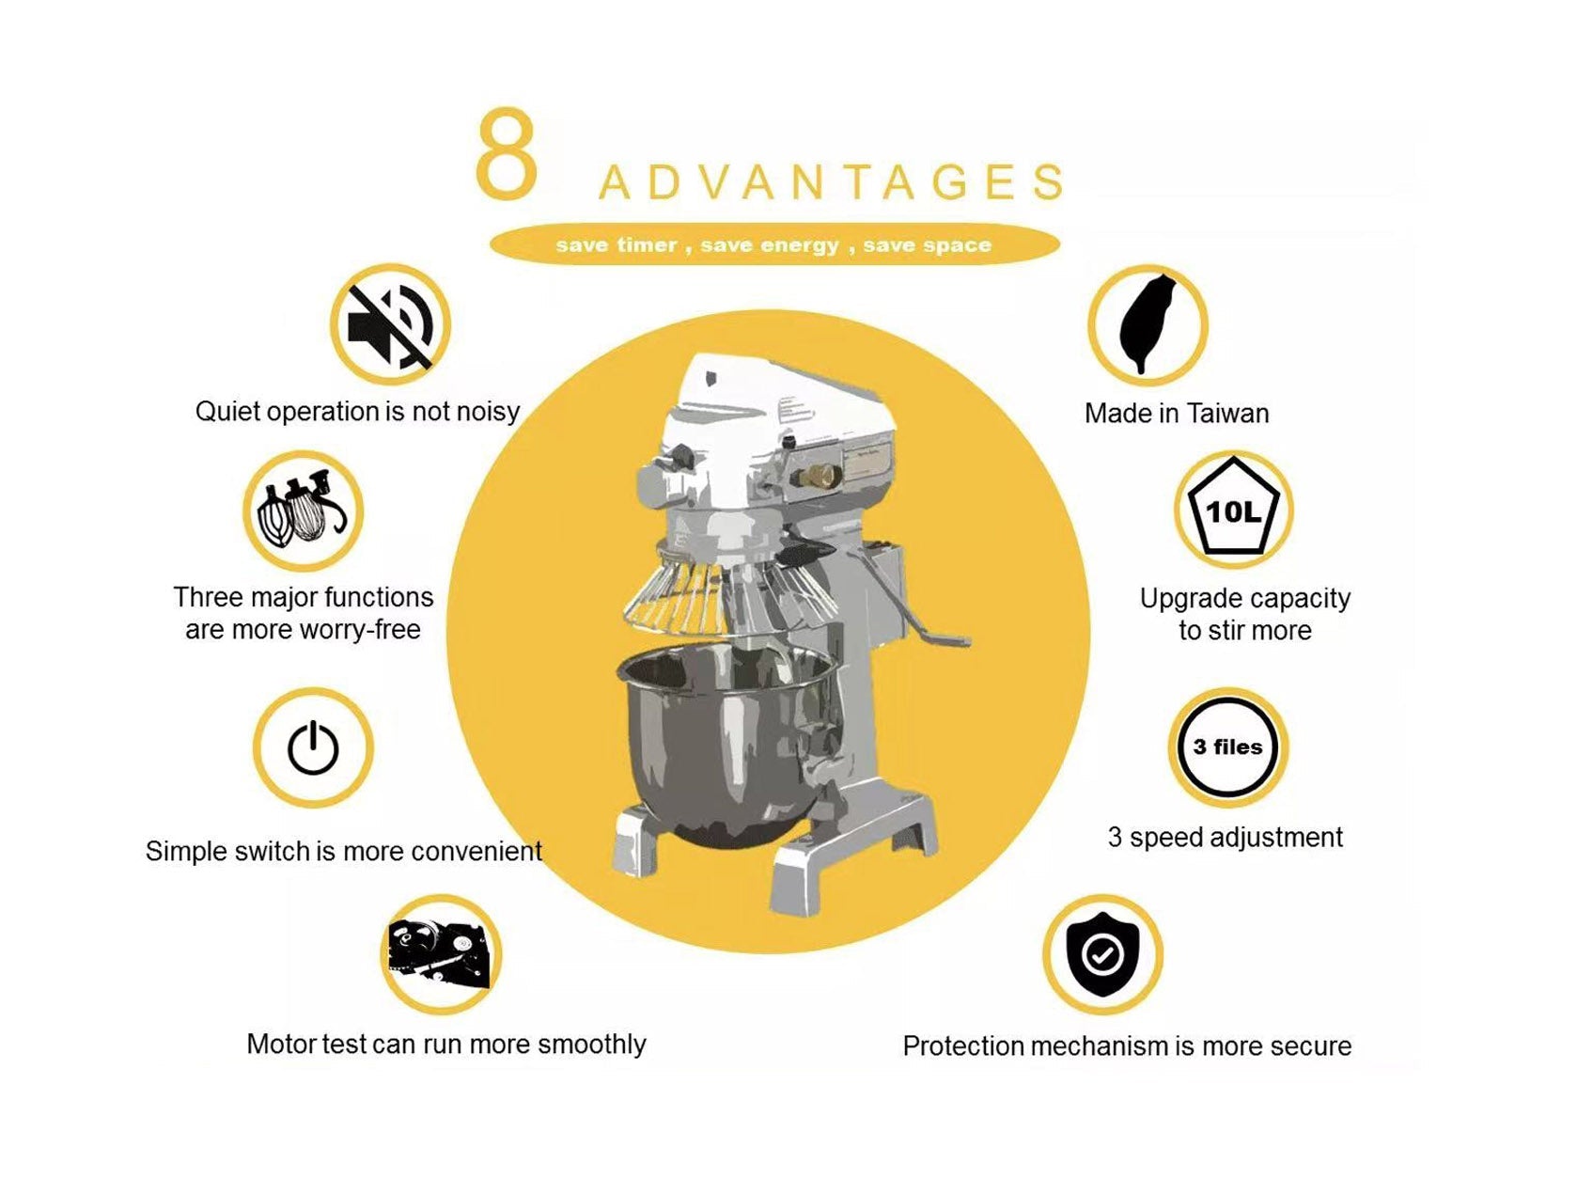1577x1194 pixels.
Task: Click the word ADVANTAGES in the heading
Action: coord(831,181)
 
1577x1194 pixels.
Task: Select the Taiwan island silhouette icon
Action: coord(1147,324)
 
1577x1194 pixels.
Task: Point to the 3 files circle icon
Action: coord(1227,746)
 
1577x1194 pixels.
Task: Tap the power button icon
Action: coord(313,747)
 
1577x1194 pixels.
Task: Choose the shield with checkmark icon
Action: coord(1102,955)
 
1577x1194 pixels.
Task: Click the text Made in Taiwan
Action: coord(1176,413)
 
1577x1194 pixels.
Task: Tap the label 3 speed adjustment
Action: coord(1225,837)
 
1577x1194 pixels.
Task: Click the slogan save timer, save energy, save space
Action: coord(773,245)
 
